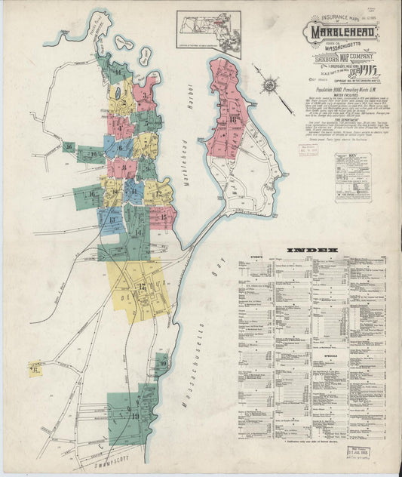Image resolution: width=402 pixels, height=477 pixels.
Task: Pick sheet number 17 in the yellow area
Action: tap(141, 287)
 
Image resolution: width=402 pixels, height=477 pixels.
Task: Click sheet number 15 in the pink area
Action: tap(164, 217)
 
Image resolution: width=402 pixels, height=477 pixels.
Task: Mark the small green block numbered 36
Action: tap(69, 147)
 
